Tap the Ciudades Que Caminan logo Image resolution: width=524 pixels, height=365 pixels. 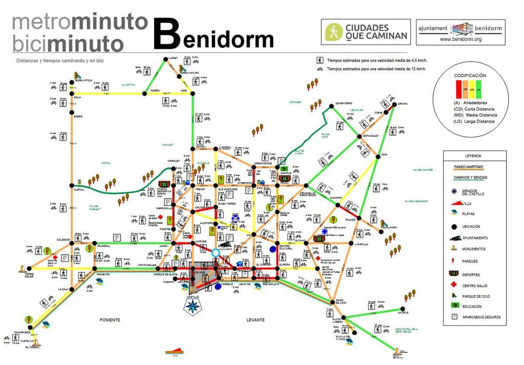click(x=366, y=32)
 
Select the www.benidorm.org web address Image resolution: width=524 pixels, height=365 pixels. click(x=460, y=39)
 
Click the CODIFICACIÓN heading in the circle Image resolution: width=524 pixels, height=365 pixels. click(x=470, y=76)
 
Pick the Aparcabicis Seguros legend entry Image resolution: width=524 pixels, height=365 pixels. click(x=481, y=317)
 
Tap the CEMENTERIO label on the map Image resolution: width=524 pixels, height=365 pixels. click(x=343, y=103)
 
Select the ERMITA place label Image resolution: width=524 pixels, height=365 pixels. click(x=403, y=103)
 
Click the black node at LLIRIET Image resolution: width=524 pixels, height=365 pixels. click(x=165, y=59)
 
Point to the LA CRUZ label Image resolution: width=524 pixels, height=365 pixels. click(x=403, y=313)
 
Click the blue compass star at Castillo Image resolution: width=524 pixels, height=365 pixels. click(x=192, y=306)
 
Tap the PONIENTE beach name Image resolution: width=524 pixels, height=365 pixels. click(x=109, y=320)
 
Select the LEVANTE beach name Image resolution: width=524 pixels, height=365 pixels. click(x=255, y=320)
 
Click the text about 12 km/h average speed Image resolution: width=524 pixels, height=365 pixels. click(x=376, y=69)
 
